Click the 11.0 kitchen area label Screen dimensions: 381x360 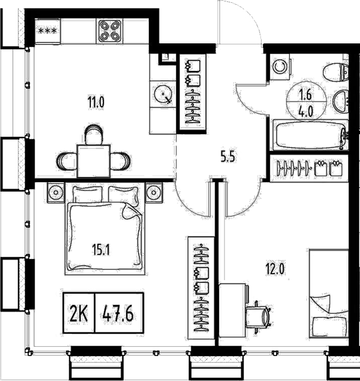click(x=96, y=100)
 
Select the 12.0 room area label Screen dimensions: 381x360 click(x=274, y=269)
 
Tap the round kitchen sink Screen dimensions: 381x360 click(x=162, y=94)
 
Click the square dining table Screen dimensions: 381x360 click(x=94, y=160)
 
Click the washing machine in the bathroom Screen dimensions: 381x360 click(x=280, y=67)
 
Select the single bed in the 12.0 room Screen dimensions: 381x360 click(x=328, y=293)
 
